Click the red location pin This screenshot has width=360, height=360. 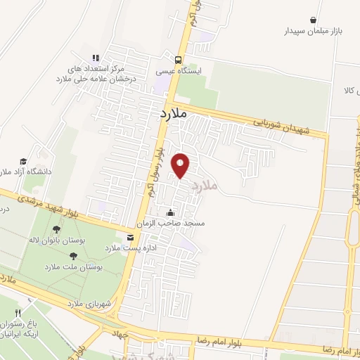pyautogui.click(x=181, y=165)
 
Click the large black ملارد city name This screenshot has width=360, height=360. pyautogui.click(x=171, y=112)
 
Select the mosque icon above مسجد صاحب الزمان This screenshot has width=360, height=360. pyautogui.click(x=169, y=212)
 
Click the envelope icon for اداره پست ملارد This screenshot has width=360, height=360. pyautogui.click(x=129, y=237)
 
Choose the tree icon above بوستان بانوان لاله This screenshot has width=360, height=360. pyautogui.click(x=57, y=229)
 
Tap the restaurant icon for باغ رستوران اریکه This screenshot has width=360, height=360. pyautogui.click(x=19, y=314)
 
